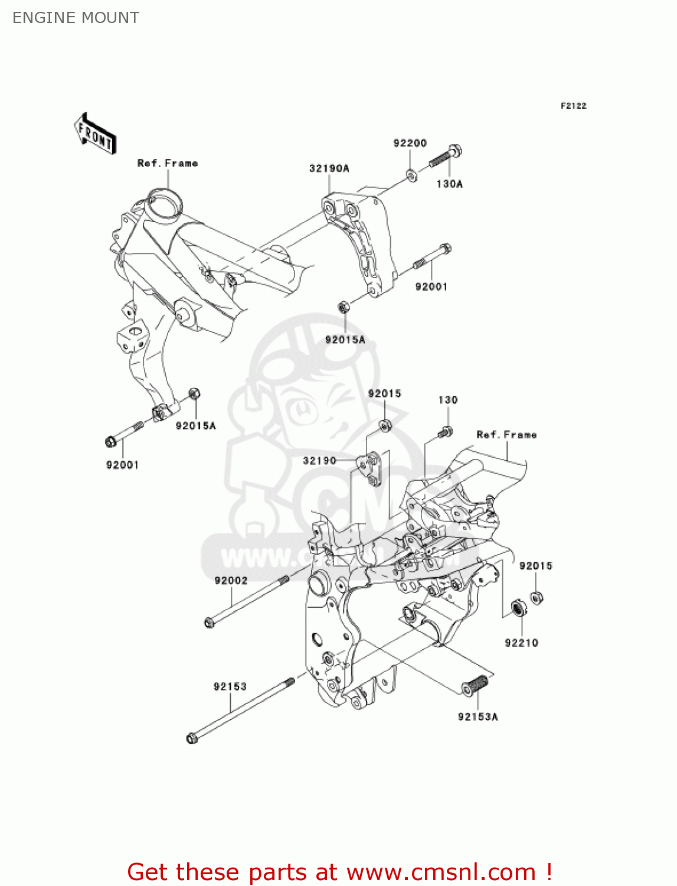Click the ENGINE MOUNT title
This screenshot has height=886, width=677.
coord(76,18)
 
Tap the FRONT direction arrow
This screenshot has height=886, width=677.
coord(95,134)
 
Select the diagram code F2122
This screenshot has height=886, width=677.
coord(573,106)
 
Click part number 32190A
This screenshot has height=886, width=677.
coord(329,168)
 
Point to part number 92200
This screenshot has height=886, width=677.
coord(410,143)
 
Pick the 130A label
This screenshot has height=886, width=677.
coord(449,184)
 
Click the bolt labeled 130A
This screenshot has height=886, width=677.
coord(446,156)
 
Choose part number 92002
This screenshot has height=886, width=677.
coord(231,581)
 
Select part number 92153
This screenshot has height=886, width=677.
coord(230,686)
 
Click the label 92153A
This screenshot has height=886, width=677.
coord(478,716)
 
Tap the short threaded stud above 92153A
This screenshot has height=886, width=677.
coord(475,686)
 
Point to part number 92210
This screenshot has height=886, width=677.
coord(521,643)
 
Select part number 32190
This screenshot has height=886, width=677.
coord(319,460)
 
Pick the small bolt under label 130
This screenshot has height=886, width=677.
coord(446,432)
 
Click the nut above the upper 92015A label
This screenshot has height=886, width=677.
coord(343,307)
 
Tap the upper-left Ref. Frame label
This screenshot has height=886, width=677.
coord(168,163)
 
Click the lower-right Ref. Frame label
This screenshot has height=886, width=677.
coord(506,435)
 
